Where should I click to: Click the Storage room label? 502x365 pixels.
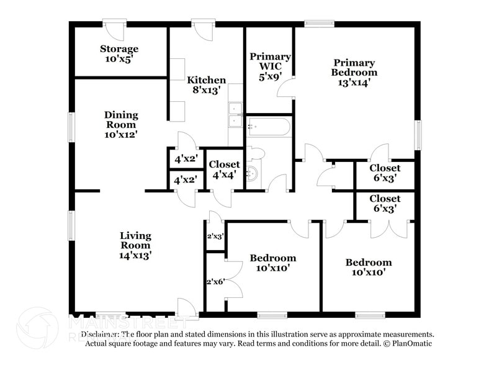[119, 53]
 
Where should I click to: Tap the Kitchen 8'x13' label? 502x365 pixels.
[207, 84]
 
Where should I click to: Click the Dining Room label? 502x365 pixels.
[121, 124]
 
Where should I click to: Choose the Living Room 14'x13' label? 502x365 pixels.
[135, 245]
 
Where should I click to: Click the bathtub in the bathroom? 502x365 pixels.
[268, 128]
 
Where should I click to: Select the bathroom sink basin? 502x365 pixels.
[253, 173]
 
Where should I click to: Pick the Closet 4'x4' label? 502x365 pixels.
[224, 169]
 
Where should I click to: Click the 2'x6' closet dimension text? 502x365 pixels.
[215, 281]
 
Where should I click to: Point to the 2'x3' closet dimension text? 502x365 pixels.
[215, 236]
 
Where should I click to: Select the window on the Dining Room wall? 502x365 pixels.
[71, 127]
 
